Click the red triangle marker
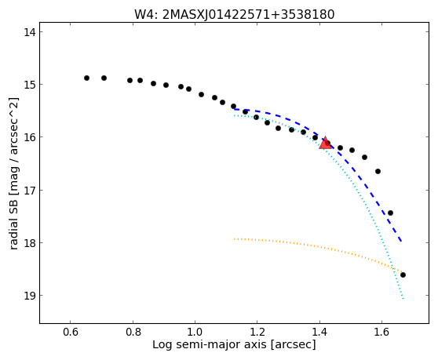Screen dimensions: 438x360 [326, 143]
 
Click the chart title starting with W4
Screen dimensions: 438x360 [235, 15]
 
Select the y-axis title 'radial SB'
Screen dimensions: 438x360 [13, 173]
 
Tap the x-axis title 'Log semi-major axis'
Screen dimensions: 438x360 [234, 344]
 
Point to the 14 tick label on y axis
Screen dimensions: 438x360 [30, 32]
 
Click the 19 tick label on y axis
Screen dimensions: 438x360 [30, 295]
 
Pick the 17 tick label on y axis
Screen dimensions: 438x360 [30, 190]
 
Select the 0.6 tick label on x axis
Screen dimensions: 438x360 [70, 332]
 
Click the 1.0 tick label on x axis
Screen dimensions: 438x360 [195, 332]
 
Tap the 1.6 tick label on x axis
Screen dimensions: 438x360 [381, 332]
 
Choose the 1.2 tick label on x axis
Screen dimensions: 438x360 [257, 332]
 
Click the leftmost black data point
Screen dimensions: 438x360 [86, 78]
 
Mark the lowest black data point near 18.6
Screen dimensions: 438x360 [403, 275]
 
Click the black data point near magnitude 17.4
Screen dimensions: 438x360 [391, 213]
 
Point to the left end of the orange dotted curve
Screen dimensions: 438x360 [234, 239]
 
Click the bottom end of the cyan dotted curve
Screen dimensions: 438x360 [403, 299]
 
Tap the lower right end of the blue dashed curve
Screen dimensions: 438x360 [401, 241]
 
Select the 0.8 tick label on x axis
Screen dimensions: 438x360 [133, 332]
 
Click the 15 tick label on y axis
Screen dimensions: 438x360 [30, 84]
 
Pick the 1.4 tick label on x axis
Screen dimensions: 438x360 [319, 332]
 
